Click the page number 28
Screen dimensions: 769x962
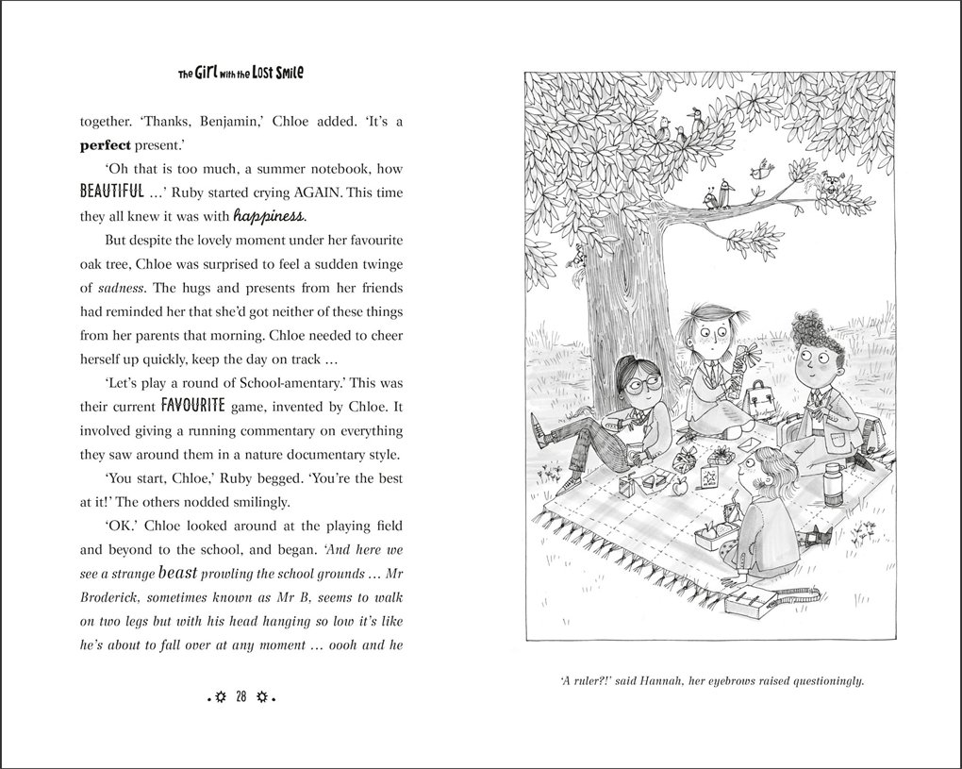[241, 697]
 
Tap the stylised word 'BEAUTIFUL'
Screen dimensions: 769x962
[111, 191]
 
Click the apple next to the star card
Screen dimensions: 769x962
[677, 488]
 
